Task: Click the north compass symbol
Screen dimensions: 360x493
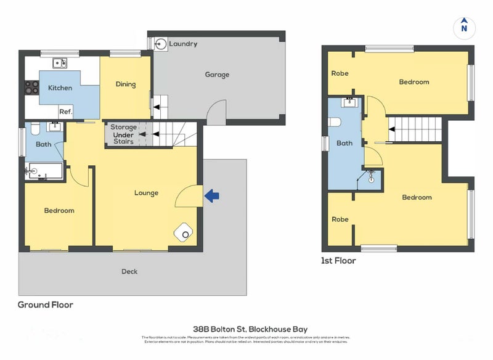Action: point(465,28)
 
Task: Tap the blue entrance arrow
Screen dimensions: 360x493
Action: point(211,196)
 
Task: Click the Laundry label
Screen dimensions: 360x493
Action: point(183,44)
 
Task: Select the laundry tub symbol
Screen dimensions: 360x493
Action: point(160,43)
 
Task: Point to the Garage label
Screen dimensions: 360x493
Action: point(217,75)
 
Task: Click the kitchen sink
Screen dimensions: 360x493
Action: point(60,62)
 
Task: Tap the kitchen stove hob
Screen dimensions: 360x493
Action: point(30,88)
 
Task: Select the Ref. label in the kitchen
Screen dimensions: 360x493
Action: point(66,112)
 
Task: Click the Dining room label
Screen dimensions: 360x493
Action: point(126,84)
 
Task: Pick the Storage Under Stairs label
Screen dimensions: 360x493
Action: point(124,134)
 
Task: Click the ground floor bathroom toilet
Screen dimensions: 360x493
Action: point(35,128)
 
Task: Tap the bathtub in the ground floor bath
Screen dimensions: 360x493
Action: point(44,171)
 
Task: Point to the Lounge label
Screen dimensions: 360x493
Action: point(147,193)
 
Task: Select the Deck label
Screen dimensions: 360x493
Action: point(129,271)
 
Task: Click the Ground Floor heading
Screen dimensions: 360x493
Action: point(46,305)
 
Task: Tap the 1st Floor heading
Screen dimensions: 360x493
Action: point(338,261)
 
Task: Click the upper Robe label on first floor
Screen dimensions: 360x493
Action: point(340,73)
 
